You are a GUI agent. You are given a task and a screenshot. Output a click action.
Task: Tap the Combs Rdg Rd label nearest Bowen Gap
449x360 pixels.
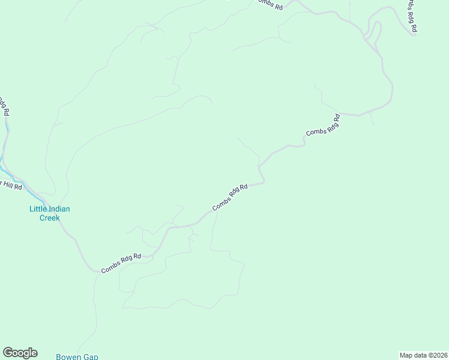coord(121,263)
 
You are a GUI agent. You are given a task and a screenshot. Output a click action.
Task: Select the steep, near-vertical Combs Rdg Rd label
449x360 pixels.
coord(411,16)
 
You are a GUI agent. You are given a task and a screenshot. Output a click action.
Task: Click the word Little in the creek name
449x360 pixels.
coord(40,209)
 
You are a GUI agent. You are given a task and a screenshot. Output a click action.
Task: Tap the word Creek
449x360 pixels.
coord(50,218)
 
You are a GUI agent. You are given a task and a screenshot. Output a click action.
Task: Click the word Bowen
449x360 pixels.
coord(68,356)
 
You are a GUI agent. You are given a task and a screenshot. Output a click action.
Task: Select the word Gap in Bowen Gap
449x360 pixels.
coord(91,356)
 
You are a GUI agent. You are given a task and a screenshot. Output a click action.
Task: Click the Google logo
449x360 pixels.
coord(20,353)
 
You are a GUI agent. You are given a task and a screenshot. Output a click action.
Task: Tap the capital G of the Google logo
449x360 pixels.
coord(8,353)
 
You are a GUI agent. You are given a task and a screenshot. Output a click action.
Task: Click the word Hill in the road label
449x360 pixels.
coord(8,184)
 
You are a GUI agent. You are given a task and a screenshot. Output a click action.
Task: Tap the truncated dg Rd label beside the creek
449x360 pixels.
coord(4,106)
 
